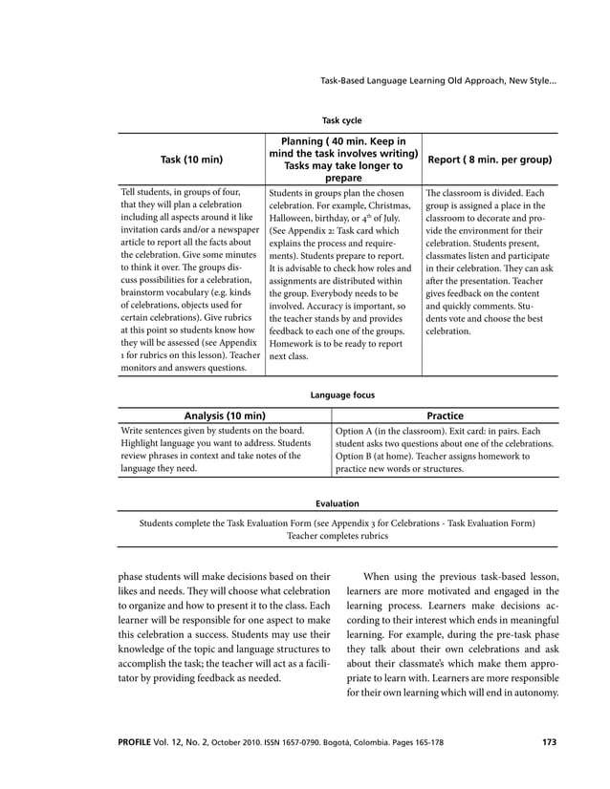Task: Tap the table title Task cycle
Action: [x=341, y=121]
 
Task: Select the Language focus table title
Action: [x=342, y=394]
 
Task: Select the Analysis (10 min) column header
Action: [x=225, y=416]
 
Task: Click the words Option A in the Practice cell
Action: [x=357, y=431]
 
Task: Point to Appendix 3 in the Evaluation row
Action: [x=384, y=522]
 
